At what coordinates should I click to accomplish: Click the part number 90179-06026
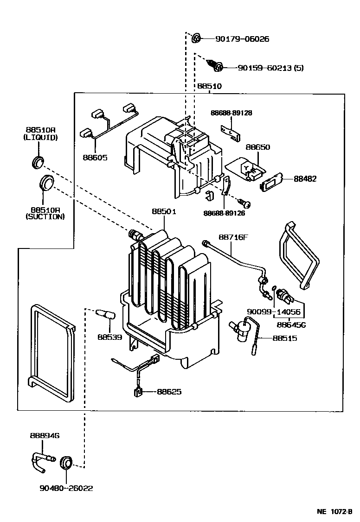[x=242, y=39]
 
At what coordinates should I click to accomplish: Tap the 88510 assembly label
[x=209, y=86]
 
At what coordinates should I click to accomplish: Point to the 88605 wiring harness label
[x=95, y=157]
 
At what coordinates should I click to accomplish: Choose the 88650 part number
[x=257, y=147]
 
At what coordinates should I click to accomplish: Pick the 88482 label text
[x=305, y=178]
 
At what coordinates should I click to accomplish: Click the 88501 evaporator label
[x=164, y=211]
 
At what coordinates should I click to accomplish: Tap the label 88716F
[x=233, y=237]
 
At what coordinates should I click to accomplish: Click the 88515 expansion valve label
[x=285, y=338]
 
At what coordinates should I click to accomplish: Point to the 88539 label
[x=109, y=337]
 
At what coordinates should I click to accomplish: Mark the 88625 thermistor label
[x=169, y=392]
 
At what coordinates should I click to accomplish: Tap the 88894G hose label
[x=45, y=435]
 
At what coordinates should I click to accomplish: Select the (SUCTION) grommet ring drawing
[x=47, y=182]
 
